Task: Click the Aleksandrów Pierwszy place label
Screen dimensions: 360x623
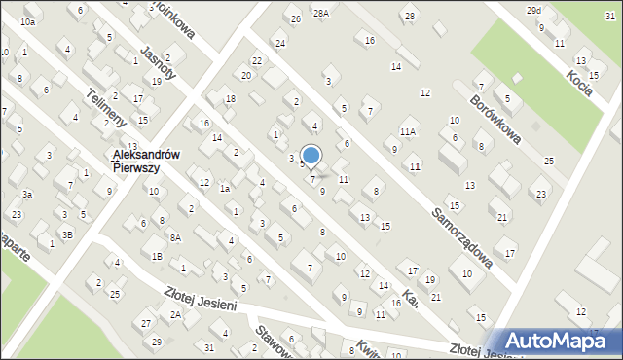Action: coord(135,161)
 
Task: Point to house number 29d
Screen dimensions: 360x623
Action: coord(533,10)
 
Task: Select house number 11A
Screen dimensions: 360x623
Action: coord(408,131)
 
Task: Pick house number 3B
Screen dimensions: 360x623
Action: coord(67,234)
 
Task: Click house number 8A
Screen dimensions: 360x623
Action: coord(175,237)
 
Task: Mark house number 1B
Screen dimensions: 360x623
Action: coord(157,257)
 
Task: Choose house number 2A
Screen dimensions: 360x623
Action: coord(176,314)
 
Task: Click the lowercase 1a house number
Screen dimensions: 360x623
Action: coord(224,189)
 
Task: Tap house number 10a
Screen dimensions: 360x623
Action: coord(27,21)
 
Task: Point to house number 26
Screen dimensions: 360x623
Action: coord(295,18)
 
